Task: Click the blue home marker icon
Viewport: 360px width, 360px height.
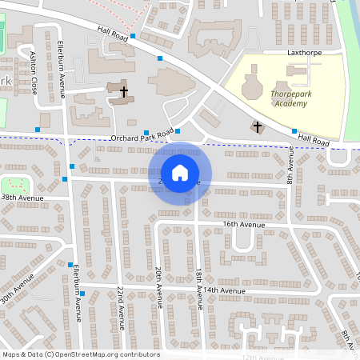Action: coord(180,172)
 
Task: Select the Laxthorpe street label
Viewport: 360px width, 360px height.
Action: coord(303,53)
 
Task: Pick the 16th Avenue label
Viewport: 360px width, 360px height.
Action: coord(243,225)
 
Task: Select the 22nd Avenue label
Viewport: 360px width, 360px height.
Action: coord(121,307)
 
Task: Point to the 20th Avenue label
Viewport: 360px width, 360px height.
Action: coord(159,286)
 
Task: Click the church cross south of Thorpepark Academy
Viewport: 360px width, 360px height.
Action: coord(257,126)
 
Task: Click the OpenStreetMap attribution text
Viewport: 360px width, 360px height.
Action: coord(80,354)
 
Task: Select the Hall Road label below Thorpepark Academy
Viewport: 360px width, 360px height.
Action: coord(314,139)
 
